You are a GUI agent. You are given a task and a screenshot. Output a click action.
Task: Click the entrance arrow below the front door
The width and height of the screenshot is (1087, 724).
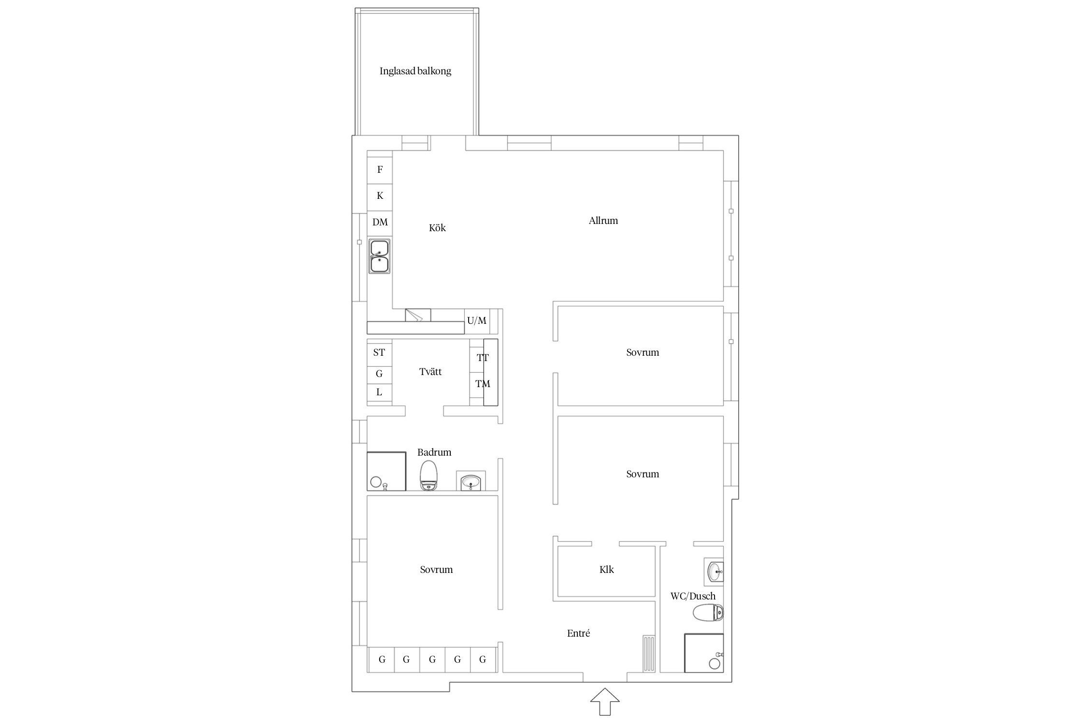coord(605,702)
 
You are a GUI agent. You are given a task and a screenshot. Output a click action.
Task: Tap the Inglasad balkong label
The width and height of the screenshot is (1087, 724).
coord(415,71)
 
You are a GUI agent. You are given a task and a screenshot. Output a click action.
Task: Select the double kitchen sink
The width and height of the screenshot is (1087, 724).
coord(380,256)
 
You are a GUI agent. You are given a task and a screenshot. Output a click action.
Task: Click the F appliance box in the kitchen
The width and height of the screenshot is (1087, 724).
coord(380,169)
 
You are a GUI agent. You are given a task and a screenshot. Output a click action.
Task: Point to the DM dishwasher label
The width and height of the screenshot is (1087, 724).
coord(380,222)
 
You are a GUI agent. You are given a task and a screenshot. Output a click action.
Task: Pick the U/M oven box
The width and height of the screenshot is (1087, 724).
coord(477,321)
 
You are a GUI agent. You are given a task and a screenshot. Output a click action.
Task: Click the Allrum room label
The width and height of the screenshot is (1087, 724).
coord(603,221)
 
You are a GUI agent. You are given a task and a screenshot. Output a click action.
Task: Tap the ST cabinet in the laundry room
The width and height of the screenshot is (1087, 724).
coord(379,353)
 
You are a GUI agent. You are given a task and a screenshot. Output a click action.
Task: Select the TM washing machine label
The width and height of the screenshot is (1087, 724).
coord(483,384)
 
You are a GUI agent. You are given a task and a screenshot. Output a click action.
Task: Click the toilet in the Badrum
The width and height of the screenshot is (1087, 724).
coord(429,475)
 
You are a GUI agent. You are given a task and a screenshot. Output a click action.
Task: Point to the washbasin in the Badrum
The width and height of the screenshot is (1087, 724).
coord(471,481)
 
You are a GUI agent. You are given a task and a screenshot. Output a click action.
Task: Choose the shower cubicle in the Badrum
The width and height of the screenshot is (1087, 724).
coord(386,472)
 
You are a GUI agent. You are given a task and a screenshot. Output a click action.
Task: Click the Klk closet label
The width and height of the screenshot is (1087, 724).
coord(607,570)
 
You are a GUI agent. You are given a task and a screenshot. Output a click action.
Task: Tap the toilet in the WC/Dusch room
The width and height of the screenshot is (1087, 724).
coord(708,613)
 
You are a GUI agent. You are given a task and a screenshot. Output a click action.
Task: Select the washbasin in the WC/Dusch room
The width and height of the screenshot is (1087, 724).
coord(714,572)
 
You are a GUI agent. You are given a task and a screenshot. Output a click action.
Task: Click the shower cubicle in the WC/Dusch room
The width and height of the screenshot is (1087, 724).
coord(704,653)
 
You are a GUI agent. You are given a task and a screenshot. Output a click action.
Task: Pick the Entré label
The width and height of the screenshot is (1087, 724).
coord(578,633)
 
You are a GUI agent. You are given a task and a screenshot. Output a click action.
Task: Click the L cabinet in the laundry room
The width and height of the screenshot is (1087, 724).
coord(379,393)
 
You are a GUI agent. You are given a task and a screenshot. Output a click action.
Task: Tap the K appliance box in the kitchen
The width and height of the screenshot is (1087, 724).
coord(380,196)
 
